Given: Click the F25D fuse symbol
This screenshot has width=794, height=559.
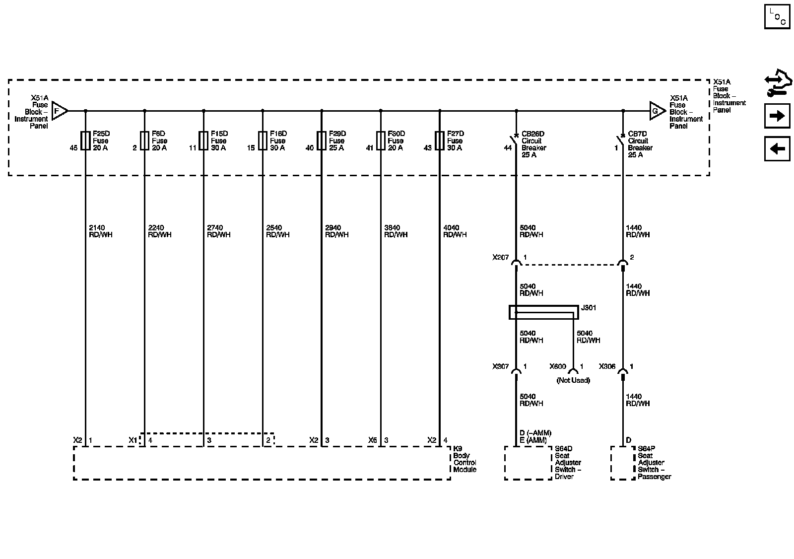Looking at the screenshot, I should [x=85, y=140].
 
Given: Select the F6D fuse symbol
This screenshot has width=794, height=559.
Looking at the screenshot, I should [x=144, y=140].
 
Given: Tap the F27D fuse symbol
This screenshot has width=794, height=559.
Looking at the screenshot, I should [x=440, y=140].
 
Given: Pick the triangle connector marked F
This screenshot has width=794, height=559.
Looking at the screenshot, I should [x=59, y=111].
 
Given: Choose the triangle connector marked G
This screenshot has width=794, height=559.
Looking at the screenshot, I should [x=657, y=111].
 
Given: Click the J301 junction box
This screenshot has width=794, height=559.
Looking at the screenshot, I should [x=543, y=312].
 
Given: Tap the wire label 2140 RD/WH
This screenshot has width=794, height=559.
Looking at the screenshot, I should [x=100, y=231].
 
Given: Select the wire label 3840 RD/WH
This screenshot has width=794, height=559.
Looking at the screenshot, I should [x=396, y=231].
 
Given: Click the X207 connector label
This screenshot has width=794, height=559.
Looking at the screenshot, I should [x=500, y=258].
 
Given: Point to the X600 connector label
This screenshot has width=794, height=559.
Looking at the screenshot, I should [x=557, y=367].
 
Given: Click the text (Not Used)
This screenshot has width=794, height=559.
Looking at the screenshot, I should [x=573, y=381].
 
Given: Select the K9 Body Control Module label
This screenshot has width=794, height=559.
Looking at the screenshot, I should [x=464, y=462].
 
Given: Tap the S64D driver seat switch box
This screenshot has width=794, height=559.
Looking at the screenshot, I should [x=528, y=463].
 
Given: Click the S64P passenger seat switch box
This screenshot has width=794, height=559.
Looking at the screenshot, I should [x=622, y=463].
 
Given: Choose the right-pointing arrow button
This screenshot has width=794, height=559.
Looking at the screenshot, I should [x=777, y=116].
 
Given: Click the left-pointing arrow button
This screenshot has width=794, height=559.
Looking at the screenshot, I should [x=777, y=148].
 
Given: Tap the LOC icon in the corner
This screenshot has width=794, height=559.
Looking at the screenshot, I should [x=777, y=16].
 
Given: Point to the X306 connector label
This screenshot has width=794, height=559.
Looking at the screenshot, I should [x=607, y=367].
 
